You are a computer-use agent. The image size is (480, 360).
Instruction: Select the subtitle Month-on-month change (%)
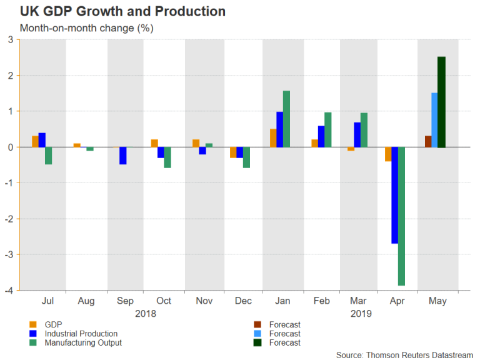coord(87,28)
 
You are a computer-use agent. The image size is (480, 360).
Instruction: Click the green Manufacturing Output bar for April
coord(401,216)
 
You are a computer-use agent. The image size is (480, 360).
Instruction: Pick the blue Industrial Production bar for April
coord(394,195)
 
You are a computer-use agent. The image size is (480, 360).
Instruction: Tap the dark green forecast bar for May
coord(441,102)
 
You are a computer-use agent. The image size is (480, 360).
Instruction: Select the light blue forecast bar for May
coord(434,120)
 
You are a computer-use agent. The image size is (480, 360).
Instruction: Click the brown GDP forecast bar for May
coord(427,141)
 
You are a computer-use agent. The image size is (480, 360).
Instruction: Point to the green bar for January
coord(286,119)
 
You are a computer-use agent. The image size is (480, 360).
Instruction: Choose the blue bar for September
coord(122,156)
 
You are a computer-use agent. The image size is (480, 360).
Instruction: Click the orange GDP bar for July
coord(35,141)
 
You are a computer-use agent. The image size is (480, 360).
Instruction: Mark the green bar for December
coord(247,157)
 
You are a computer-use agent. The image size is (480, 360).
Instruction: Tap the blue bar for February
coord(321,136)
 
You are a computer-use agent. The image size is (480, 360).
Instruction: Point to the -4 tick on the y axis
coord(11,290)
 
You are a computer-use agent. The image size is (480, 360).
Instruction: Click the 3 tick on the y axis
coord(11,40)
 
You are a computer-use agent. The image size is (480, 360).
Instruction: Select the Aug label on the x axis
coord(86,301)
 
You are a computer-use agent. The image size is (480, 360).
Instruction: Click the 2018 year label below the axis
coord(145,313)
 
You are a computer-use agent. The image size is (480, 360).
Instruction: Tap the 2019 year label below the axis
coord(360,313)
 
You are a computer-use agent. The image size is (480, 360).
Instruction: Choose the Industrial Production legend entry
coord(80,334)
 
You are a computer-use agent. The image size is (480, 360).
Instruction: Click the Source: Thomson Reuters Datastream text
coord(404,354)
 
